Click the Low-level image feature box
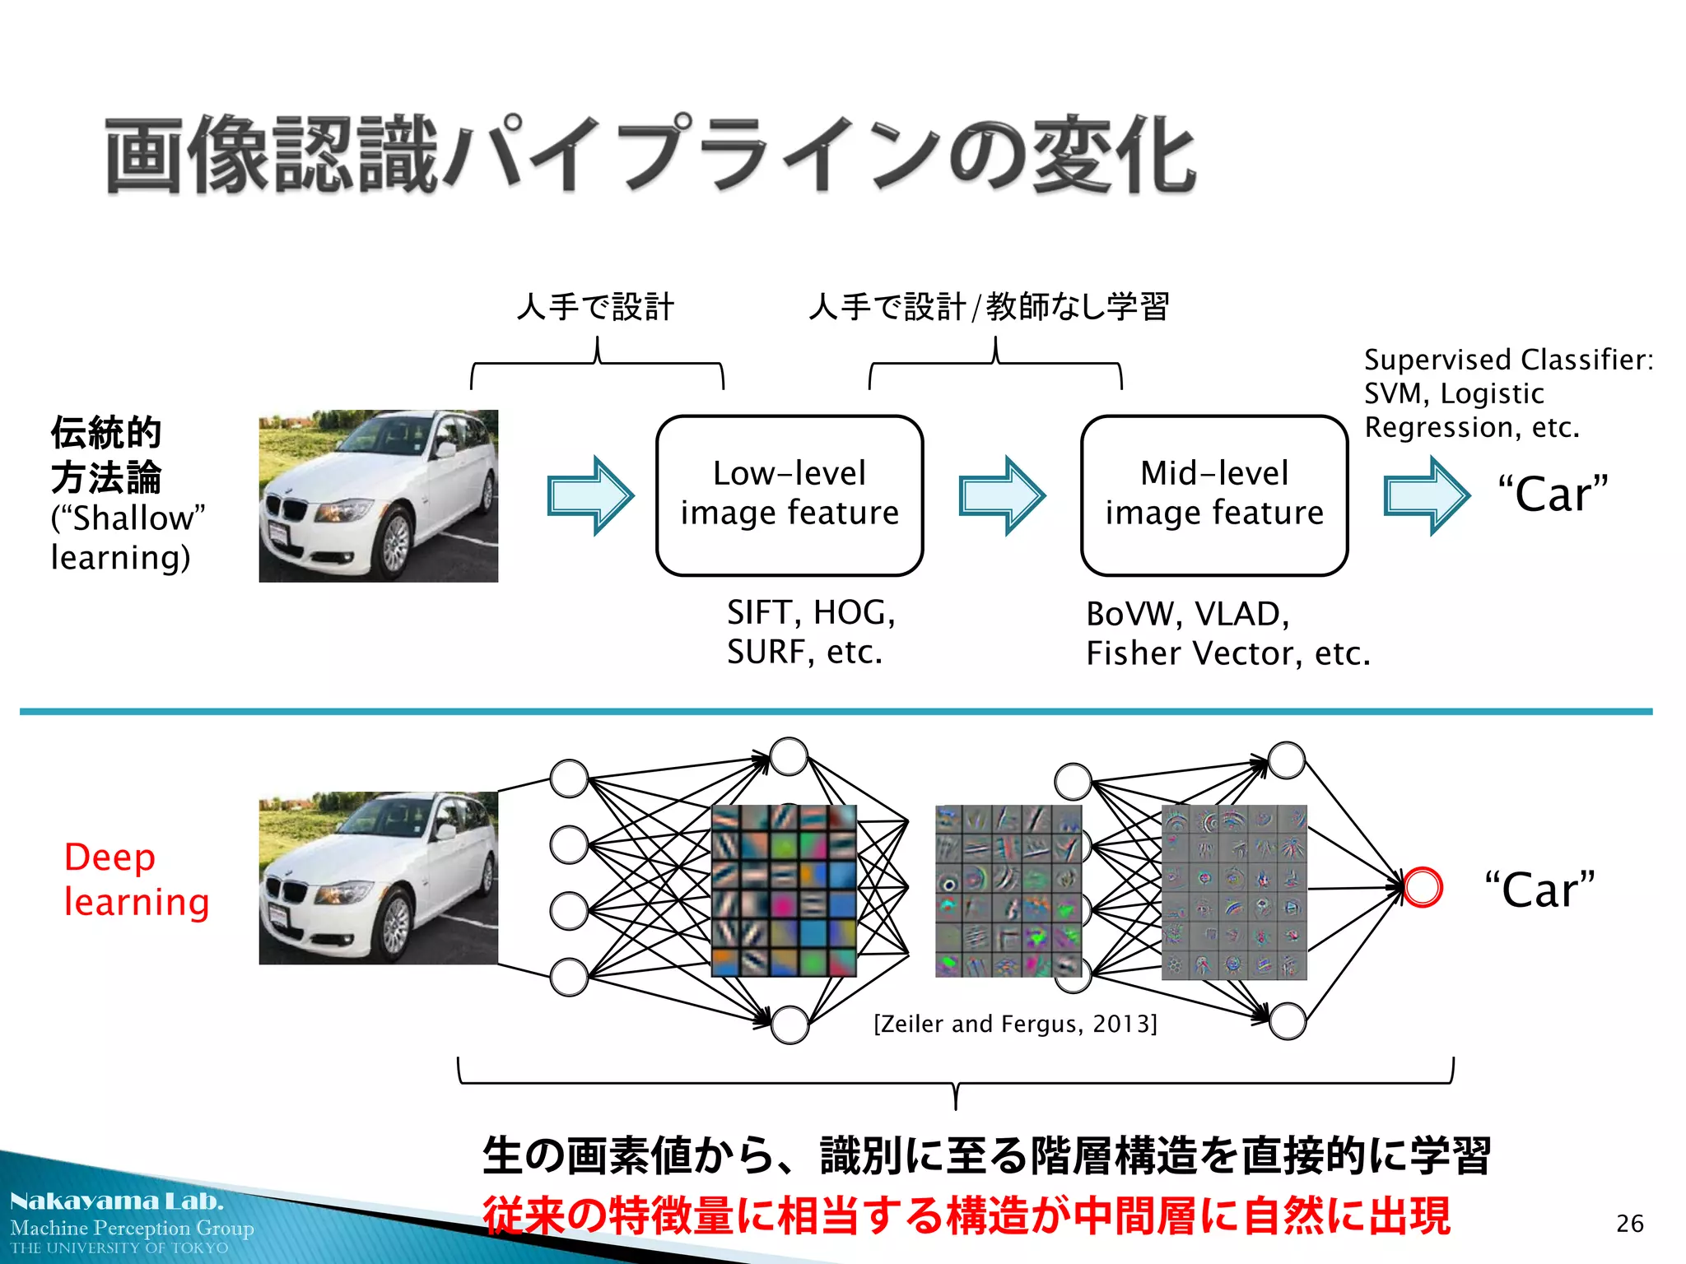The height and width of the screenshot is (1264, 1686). [x=789, y=495]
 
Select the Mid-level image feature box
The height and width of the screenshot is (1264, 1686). [x=1213, y=495]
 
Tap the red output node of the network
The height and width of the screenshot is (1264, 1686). [x=1423, y=888]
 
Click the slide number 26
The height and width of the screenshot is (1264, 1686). [x=1629, y=1224]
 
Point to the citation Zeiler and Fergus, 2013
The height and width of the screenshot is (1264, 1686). [x=1015, y=1024]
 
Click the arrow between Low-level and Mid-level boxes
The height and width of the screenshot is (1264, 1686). [x=1001, y=495]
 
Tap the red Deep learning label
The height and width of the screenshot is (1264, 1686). [x=136, y=880]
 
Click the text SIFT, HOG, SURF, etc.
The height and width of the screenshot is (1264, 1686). [x=810, y=632]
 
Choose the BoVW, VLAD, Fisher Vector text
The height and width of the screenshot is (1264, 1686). [x=1227, y=634]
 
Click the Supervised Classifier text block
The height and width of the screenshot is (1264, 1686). [x=1507, y=393]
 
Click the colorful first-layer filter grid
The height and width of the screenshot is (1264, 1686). [x=784, y=890]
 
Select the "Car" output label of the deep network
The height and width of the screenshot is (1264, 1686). [x=1539, y=890]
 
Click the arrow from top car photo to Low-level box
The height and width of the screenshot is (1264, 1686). [x=590, y=495]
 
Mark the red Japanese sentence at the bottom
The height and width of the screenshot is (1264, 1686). [x=966, y=1216]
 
